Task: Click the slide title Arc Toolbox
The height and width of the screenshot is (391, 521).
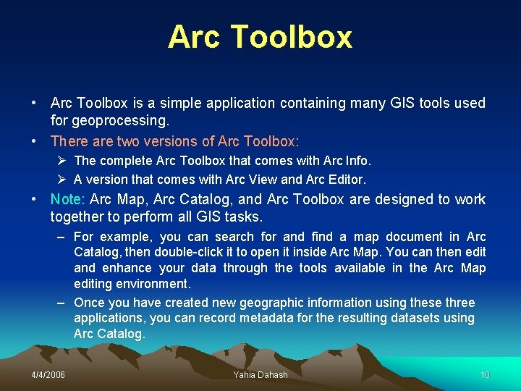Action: [x=260, y=38]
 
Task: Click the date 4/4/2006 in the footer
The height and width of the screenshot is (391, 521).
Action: [x=48, y=374]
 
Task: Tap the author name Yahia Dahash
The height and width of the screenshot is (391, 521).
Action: [x=260, y=374]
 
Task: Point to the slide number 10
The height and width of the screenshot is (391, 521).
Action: [x=485, y=374]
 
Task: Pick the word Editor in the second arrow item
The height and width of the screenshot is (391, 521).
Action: [x=346, y=179]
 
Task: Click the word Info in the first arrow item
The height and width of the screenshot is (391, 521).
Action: [x=356, y=160]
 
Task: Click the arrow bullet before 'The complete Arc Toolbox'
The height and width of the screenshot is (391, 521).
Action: [x=62, y=160]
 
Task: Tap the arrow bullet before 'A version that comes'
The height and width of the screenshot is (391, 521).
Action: [x=62, y=179]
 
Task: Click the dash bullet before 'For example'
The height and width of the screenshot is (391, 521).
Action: [x=62, y=237]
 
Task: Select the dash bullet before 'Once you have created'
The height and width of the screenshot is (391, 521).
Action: [x=62, y=303]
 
